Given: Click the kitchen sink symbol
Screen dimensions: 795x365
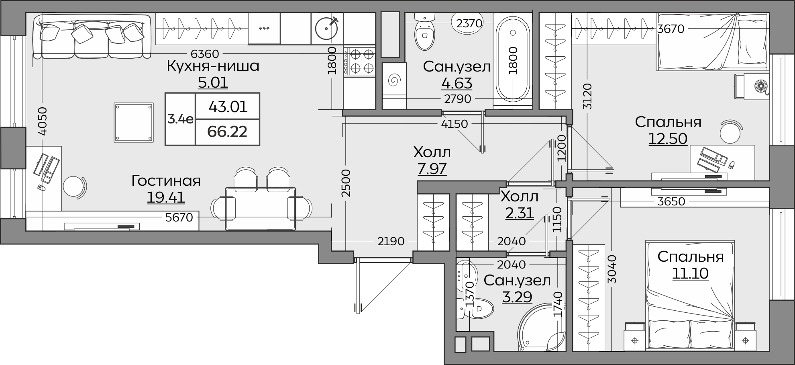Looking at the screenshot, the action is coord(327,28).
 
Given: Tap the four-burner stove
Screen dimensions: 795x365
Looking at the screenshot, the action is coord(359,62).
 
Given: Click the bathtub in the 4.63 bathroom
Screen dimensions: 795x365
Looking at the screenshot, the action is coord(513,60).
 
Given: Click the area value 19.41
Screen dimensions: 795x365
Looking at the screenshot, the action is coord(166,197).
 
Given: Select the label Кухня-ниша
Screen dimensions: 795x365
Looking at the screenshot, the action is coord(213,66).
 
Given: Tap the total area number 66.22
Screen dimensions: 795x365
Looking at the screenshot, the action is coord(227,131).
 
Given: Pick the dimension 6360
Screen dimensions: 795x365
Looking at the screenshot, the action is coord(205,53).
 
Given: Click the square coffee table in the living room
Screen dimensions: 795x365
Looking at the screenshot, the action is coord(134,122).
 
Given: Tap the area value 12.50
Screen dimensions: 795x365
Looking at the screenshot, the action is coord(668,138).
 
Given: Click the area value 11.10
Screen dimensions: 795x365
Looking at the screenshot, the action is coord(690,273).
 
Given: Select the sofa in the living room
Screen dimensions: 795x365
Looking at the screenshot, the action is coord(92,36).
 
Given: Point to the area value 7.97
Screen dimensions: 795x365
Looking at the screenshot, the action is coord(432,169).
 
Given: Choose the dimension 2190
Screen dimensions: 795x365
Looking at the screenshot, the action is coord(391,241).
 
